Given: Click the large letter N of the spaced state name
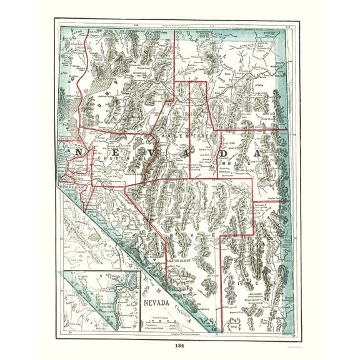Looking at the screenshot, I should pos(80,152).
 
